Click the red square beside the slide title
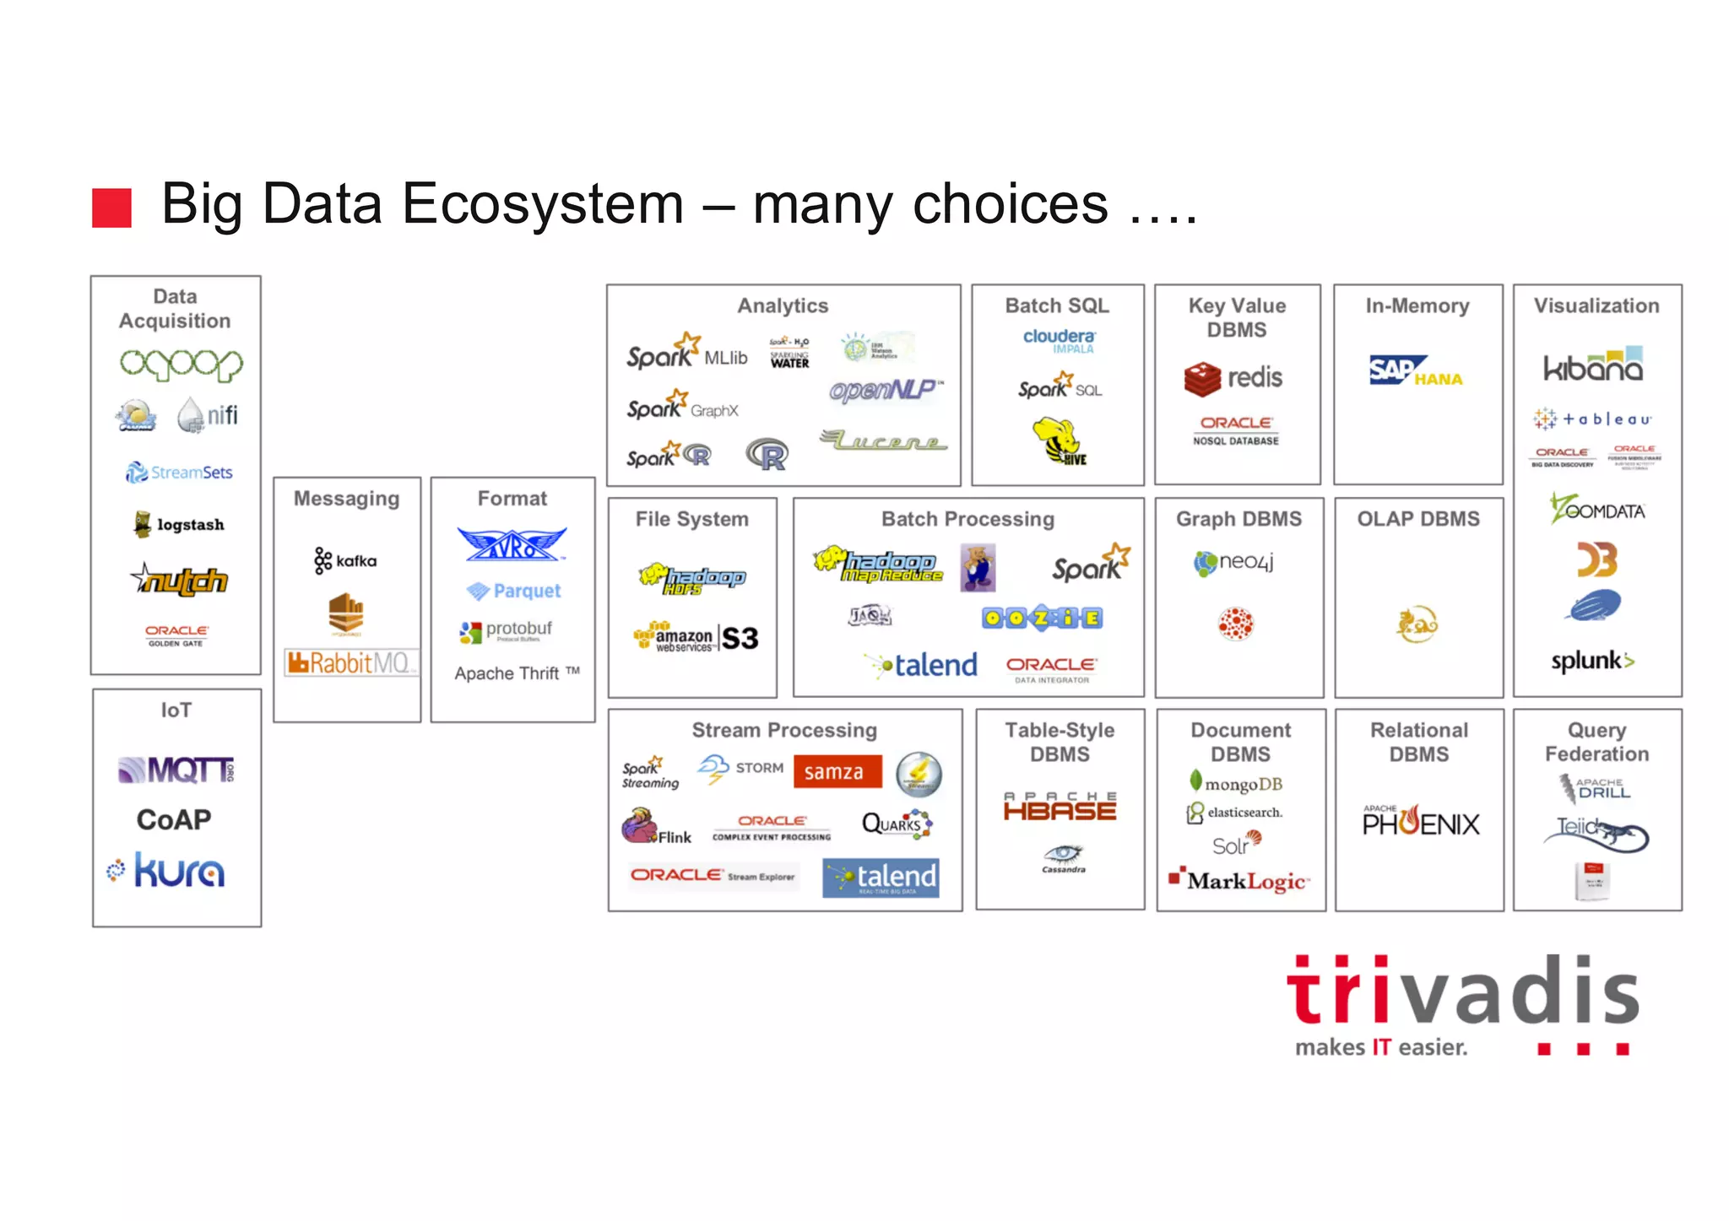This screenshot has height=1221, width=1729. tap(111, 208)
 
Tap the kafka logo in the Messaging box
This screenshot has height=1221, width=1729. tap(345, 560)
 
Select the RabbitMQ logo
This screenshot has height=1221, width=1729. tap(349, 662)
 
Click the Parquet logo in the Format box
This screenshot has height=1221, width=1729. tap(514, 591)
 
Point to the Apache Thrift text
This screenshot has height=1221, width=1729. tap(516, 673)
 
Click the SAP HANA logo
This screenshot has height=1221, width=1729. tap(1416, 371)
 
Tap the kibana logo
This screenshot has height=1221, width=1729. tap(1594, 365)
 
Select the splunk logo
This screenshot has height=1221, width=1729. tap(1592, 661)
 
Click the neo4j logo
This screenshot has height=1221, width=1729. tap(1233, 562)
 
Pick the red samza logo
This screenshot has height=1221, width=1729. tap(837, 771)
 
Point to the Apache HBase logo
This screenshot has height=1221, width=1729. tap(1060, 807)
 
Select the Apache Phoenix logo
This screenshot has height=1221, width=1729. tap(1421, 821)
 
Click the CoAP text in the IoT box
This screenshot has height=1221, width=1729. tap(174, 819)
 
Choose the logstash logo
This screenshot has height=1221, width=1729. tap(179, 524)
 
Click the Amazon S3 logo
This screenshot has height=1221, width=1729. tap(696, 638)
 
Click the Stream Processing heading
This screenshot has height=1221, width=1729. tap(784, 730)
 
